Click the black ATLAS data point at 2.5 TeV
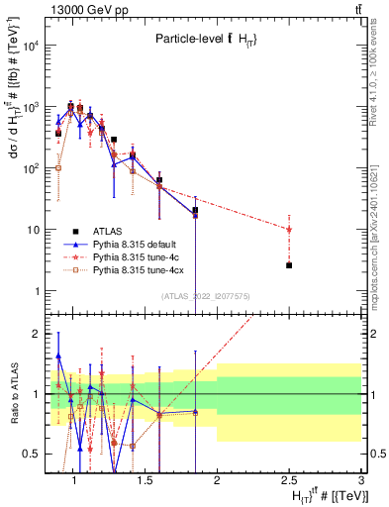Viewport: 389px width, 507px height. (289, 265)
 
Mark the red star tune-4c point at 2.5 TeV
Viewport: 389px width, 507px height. (289, 229)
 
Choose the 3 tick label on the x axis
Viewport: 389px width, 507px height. (361, 481)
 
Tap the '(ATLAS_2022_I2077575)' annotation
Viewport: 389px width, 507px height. (205, 296)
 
